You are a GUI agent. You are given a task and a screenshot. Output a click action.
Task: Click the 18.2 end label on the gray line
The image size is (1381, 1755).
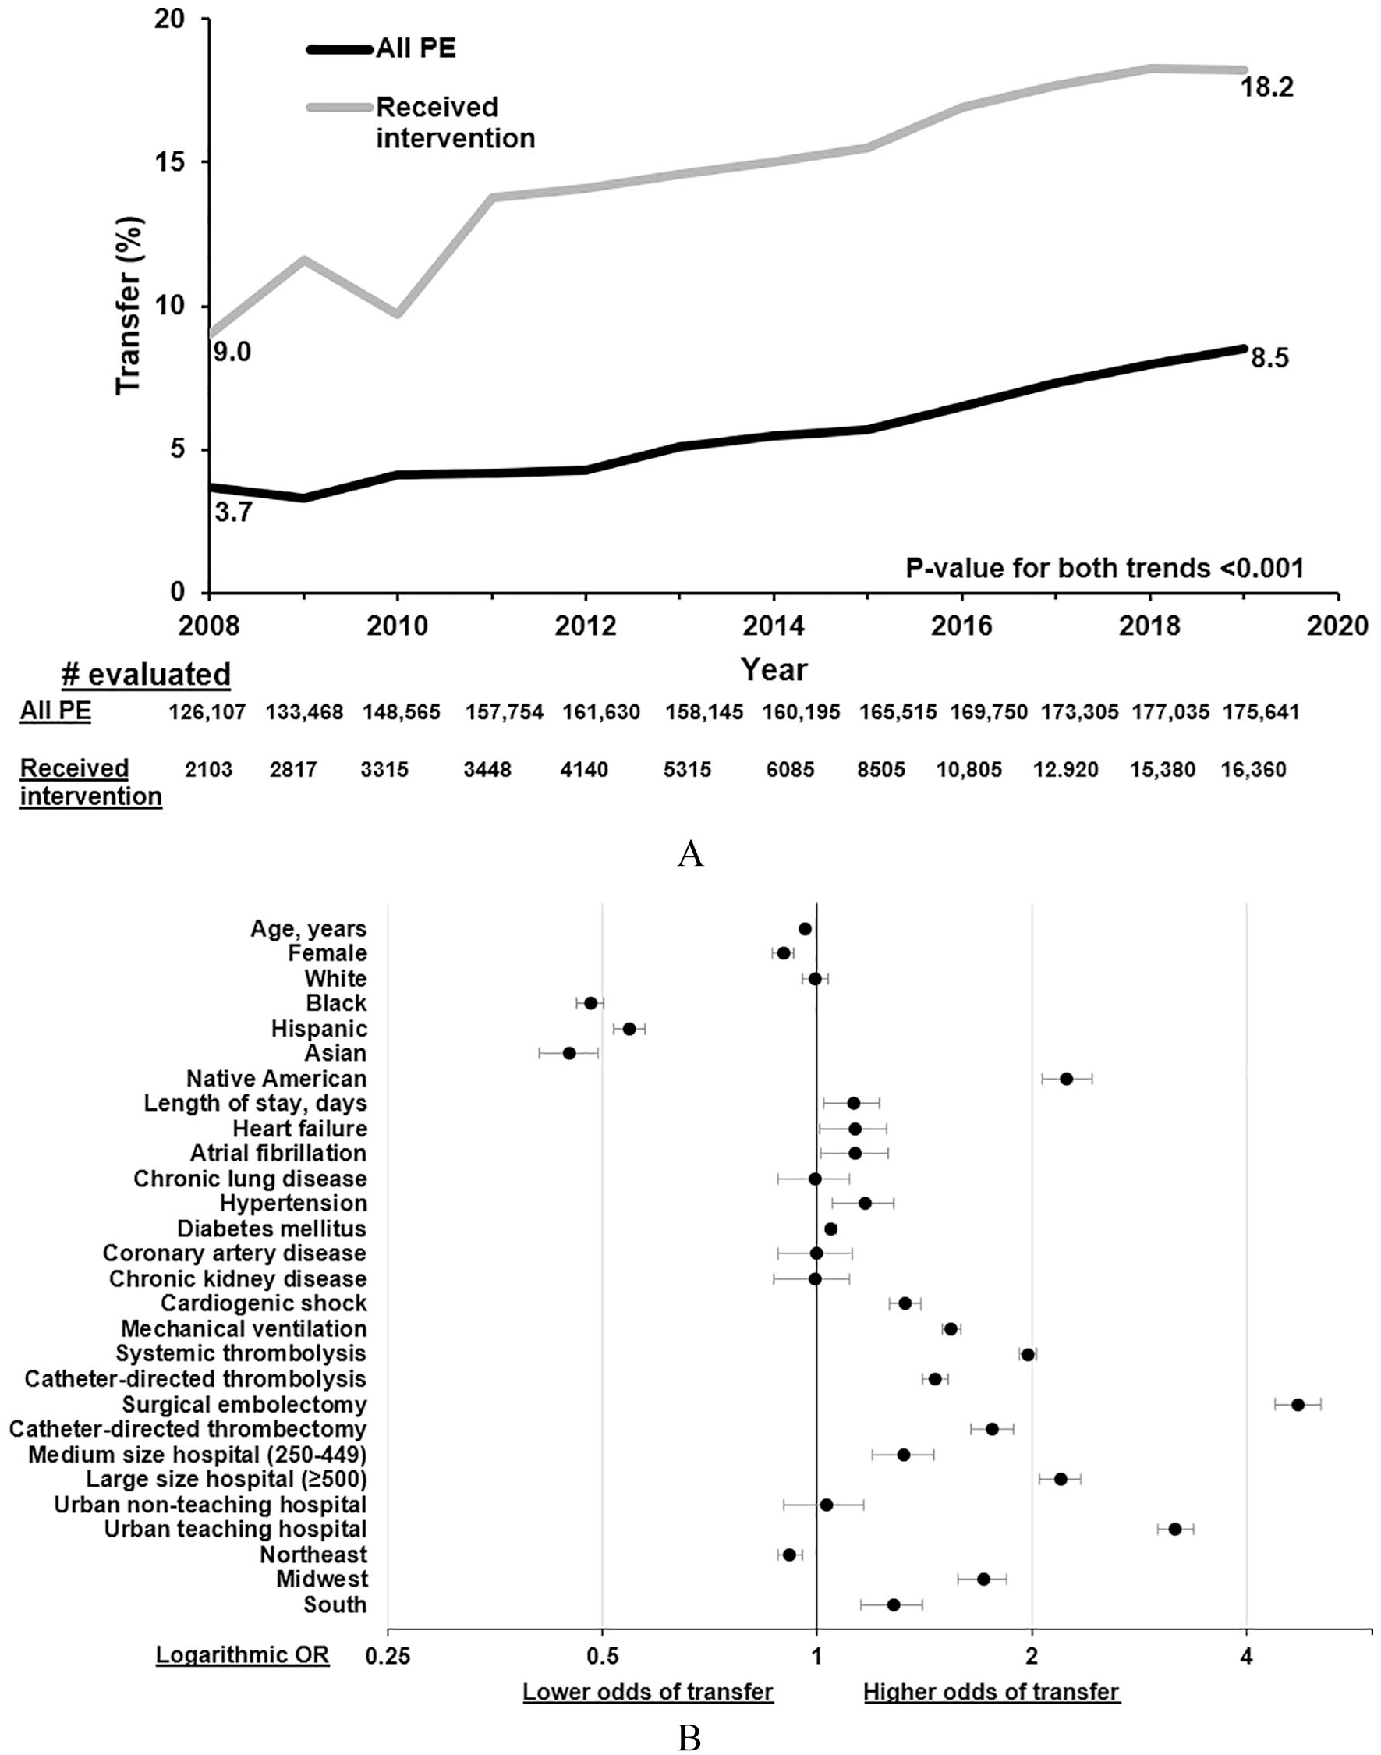1267,87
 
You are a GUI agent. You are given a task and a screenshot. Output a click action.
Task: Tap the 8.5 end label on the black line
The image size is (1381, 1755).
1269,357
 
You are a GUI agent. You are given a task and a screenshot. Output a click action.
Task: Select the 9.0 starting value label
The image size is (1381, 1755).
232,352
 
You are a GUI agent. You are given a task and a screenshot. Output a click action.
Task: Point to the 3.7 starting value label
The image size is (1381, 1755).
233,511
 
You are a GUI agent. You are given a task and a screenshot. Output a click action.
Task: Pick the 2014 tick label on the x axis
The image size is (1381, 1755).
774,626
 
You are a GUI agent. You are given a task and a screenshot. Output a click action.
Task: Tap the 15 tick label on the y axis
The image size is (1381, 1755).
172,161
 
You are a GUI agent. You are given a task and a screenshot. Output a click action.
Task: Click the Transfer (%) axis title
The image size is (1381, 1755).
129,305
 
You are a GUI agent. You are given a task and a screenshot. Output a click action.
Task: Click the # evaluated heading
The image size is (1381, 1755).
147,674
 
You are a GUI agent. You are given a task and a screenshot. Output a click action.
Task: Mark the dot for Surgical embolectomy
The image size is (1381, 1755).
1298,1405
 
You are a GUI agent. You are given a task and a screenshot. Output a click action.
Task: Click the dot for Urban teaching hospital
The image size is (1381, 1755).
1175,1530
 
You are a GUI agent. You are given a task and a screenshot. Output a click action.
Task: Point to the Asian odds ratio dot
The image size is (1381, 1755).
569,1053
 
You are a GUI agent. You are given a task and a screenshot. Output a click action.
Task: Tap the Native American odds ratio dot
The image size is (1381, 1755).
1067,1079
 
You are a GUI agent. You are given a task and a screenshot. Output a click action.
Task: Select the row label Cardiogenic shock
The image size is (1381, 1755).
264,1303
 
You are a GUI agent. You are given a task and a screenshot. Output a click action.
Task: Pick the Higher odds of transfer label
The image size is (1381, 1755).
991,1692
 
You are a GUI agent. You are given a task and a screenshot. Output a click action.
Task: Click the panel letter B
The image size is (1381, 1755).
689,1734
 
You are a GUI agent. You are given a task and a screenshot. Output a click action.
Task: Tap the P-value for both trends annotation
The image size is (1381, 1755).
1104,569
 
